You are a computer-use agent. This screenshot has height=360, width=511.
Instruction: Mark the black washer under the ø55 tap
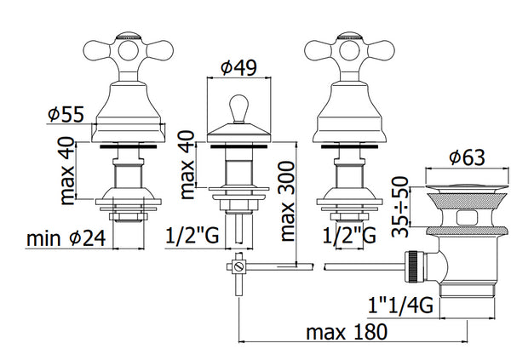pyautogui.click(x=125, y=146)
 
